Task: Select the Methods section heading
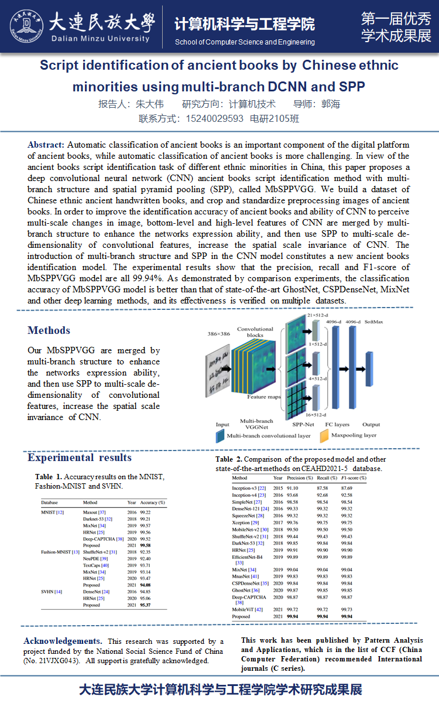tap(49, 330)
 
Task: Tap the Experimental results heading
tap(80, 458)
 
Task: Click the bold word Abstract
tap(46, 145)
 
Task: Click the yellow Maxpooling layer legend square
tap(323, 436)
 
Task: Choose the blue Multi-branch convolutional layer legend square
tap(221, 436)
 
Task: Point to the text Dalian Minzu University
tap(101, 39)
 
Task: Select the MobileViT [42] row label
tap(248, 610)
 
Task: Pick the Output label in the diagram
tap(371, 424)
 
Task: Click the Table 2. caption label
tap(228, 459)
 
